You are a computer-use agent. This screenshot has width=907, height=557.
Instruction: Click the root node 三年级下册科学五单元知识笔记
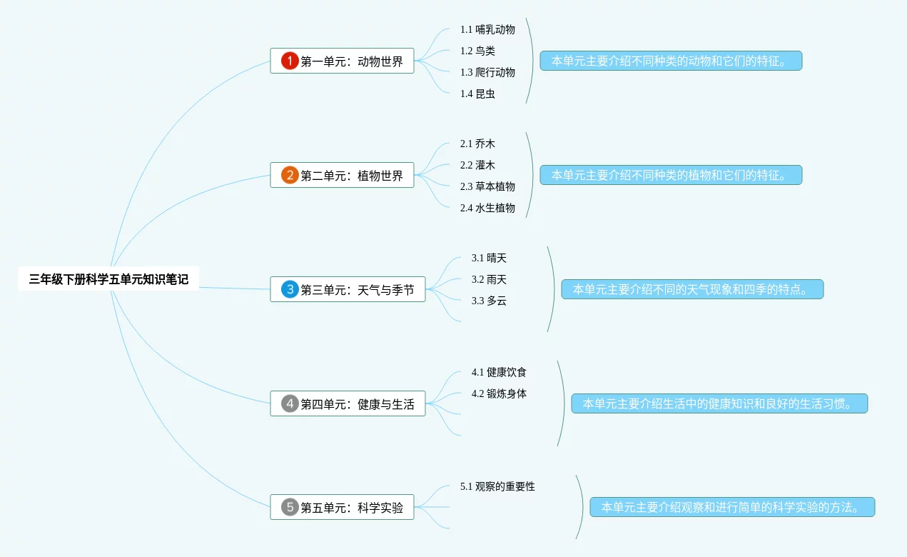click(108, 279)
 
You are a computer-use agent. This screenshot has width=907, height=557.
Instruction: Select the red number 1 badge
click(290, 61)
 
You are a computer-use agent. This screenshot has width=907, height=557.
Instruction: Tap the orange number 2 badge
click(290, 175)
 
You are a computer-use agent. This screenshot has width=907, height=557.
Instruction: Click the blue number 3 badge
click(290, 289)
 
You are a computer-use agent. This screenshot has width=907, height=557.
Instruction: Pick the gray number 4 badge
click(290, 403)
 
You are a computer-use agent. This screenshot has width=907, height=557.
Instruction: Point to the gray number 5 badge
click(290, 508)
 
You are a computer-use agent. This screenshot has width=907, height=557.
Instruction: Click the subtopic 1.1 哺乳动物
click(487, 29)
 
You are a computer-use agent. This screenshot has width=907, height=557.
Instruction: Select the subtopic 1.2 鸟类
click(477, 51)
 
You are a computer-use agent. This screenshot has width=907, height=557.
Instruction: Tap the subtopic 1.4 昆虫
click(477, 94)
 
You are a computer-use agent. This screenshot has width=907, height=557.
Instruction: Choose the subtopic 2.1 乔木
click(477, 144)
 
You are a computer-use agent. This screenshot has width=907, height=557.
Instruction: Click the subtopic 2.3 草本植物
click(487, 186)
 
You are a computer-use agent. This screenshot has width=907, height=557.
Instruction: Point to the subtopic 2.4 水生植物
click(487, 208)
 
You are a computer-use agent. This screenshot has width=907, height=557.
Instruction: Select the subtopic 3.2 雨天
click(489, 279)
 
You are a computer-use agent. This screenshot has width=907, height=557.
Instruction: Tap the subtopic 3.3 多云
click(489, 301)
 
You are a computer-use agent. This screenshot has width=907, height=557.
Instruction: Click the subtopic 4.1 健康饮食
click(499, 372)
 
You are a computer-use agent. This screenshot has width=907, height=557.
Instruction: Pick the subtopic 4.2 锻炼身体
click(499, 393)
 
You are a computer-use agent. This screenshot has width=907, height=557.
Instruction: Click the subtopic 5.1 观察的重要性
click(497, 486)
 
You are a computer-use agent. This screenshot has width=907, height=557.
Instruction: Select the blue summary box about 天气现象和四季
click(692, 289)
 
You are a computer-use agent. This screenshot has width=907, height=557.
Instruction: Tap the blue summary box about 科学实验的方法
click(732, 508)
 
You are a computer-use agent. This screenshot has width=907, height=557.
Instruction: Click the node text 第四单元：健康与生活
click(357, 404)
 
